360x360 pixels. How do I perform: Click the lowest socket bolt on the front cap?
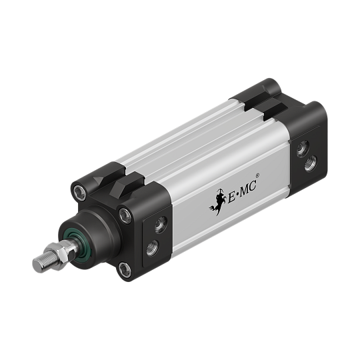pos(125,269)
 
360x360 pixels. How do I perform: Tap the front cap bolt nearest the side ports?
pos(125,214)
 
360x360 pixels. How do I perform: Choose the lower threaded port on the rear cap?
pos(311,163)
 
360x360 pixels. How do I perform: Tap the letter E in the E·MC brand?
pos(231,197)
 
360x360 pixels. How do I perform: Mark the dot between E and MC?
pos(237,194)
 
